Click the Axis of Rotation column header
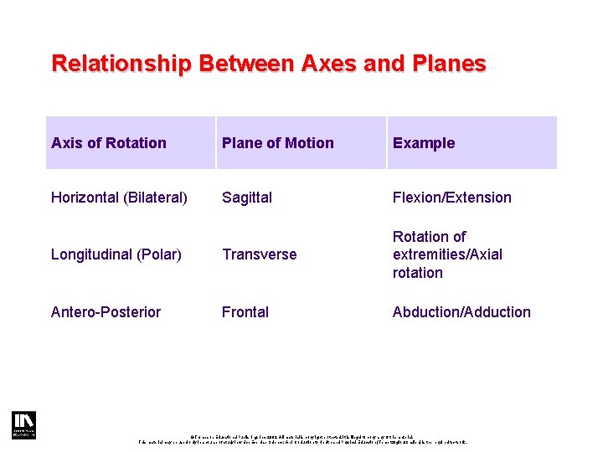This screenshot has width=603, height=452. pyautogui.click(x=109, y=143)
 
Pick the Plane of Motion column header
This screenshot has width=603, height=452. pyautogui.click(x=277, y=143)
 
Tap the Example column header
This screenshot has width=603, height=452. pyautogui.click(x=424, y=143)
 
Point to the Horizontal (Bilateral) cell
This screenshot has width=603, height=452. pyautogui.click(x=119, y=198)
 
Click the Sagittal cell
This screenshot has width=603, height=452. pyautogui.click(x=247, y=198)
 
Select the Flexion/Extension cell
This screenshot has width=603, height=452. pyautogui.click(x=451, y=198)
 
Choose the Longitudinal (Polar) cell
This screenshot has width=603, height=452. pyautogui.click(x=116, y=254)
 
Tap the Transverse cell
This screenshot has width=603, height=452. pyautogui.click(x=259, y=254)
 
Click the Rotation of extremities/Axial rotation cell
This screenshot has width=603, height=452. pyautogui.click(x=447, y=254)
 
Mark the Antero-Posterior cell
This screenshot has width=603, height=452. pyautogui.click(x=106, y=312)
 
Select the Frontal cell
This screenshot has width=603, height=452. pyautogui.click(x=245, y=312)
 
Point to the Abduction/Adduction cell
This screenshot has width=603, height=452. pyautogui.click(x=461, y=312)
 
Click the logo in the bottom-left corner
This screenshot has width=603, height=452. pyautogui.click(x=23, y=425)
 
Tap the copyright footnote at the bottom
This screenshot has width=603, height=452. pyautogui.click(x=301, y=438)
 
